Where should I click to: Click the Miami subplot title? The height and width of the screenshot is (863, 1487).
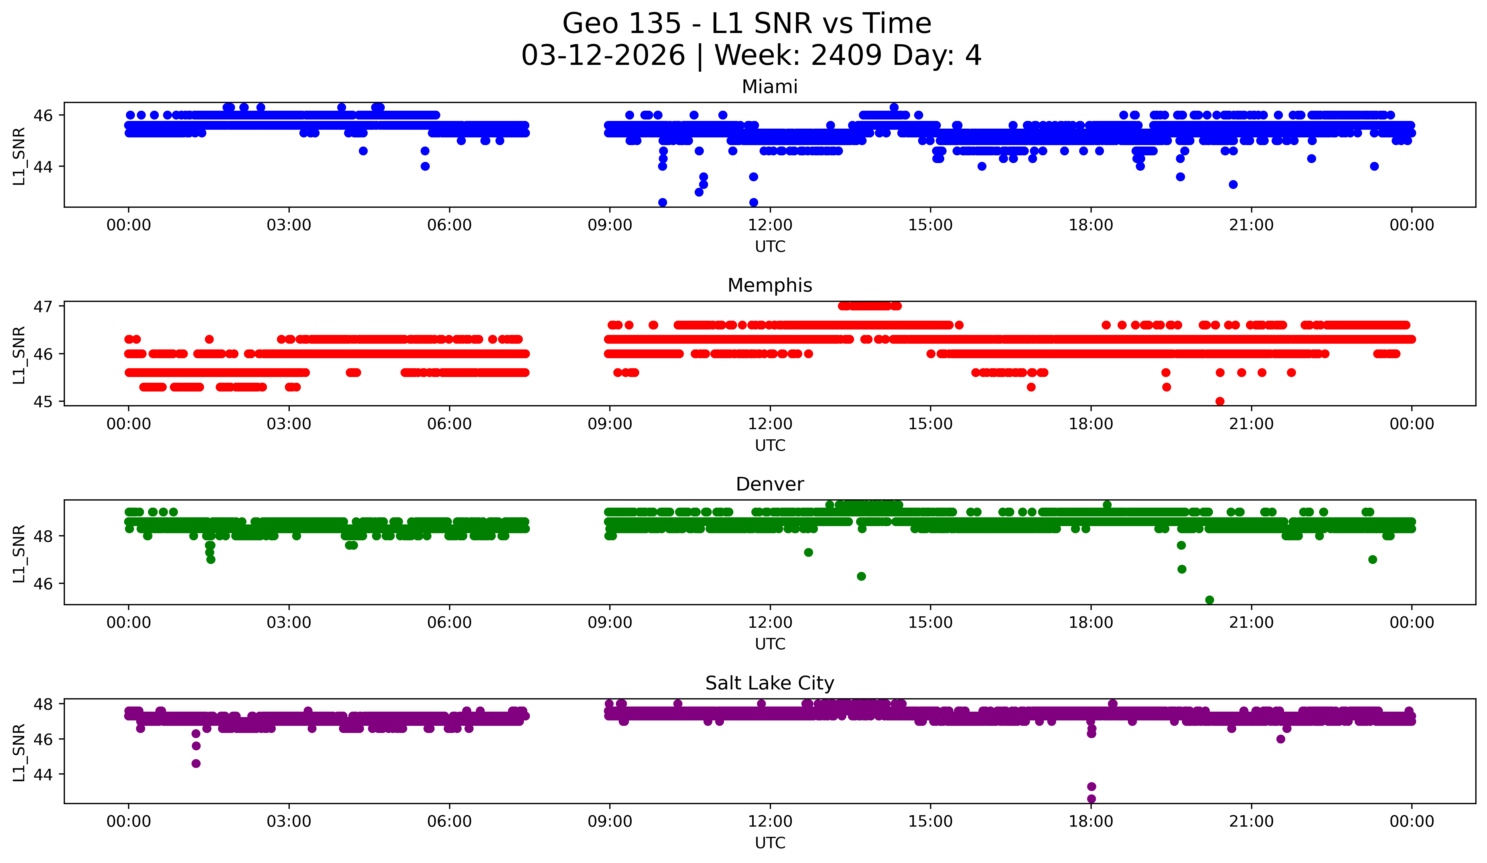tap(770, 87)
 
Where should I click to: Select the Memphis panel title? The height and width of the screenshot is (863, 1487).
tap(770, 285)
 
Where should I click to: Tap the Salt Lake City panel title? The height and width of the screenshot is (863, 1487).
tap(770, 683)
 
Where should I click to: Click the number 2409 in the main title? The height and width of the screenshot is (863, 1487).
tap(847, 55)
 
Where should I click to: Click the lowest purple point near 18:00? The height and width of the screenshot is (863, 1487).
tap(1091, 799)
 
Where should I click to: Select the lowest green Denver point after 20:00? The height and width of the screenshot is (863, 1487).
tap(1209, 600)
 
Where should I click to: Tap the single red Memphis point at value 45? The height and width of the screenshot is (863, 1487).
tap(1220, 401)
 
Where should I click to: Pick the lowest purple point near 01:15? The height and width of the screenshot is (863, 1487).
tap(196, 763)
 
